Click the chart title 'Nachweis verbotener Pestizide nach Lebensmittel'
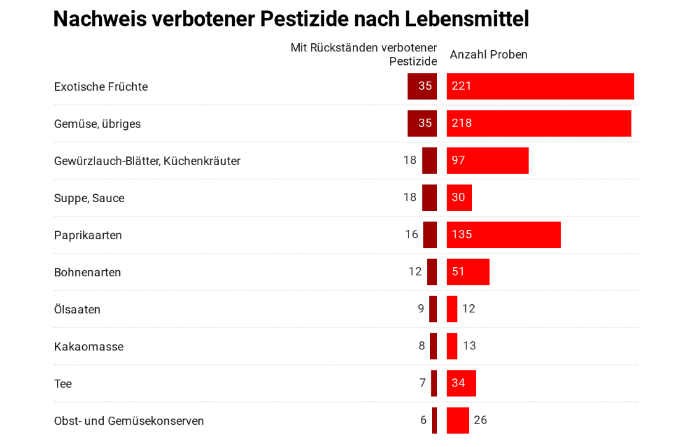291,19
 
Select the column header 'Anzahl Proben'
488,54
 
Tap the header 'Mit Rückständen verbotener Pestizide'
364,54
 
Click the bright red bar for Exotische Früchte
540,87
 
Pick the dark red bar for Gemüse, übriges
422,124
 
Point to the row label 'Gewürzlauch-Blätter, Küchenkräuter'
147,161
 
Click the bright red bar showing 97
488,161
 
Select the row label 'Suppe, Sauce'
89,198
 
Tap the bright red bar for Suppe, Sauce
459,198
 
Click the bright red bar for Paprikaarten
504,235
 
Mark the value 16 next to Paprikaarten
412,235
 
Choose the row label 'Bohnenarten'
87,272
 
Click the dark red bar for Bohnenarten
432,272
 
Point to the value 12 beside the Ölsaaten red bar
468,309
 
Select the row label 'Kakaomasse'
88,346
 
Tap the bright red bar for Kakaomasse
452,346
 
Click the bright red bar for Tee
461,383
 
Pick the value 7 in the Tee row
423,383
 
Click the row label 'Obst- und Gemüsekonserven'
129,420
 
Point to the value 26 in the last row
480,420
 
